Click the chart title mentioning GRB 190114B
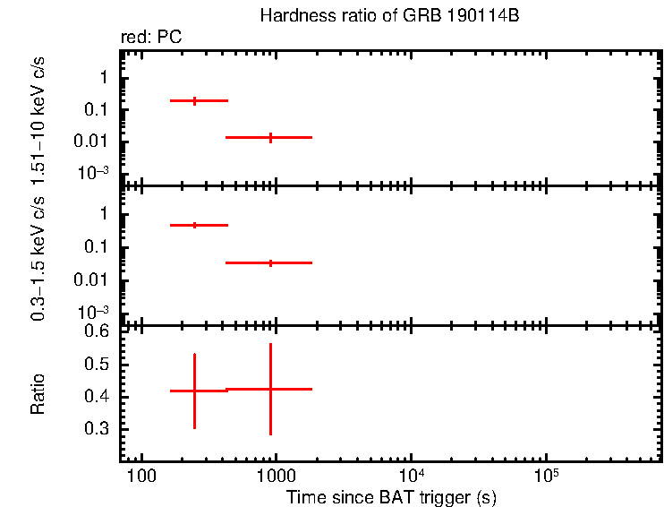389,16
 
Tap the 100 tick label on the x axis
140,475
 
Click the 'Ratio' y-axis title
38,394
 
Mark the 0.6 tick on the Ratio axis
98,331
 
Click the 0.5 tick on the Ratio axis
98,365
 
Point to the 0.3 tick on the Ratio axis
98,429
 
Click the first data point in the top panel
195,101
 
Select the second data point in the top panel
270,137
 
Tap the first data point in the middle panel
195,225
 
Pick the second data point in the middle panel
270,262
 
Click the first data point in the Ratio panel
194,391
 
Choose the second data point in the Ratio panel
270,389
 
